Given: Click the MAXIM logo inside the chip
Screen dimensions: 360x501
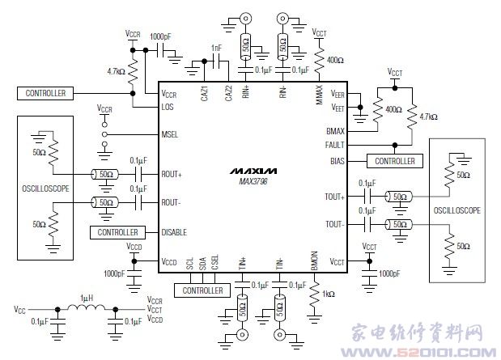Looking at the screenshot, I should (x=252, y=172).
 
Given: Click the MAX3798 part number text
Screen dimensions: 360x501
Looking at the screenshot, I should (x=252, y=182).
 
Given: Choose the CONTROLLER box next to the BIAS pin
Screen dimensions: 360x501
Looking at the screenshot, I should (x=394, y=161).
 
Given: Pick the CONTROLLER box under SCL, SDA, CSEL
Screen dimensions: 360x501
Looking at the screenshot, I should (x=202, y=290).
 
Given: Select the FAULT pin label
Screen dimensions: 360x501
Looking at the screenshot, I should (x=334, y=146).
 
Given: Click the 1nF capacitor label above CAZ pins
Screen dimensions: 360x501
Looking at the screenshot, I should (x=216, y=49).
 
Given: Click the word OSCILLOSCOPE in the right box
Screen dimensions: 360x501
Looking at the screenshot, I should (x=456, y=210).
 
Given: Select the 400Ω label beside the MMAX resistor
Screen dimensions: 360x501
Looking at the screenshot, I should (x=334, y=61).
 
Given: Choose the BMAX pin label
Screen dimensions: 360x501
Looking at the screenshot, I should (x=335, y=130).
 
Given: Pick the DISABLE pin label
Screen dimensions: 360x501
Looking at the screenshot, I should (x=175, y=232).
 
